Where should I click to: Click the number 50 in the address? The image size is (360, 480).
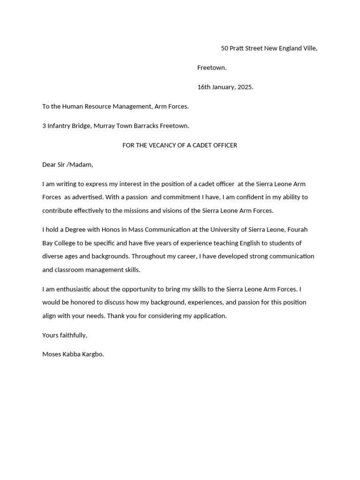point(225,48)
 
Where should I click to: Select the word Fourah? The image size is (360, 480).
point(297,230)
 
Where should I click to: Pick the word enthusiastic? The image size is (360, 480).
point(70,289)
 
